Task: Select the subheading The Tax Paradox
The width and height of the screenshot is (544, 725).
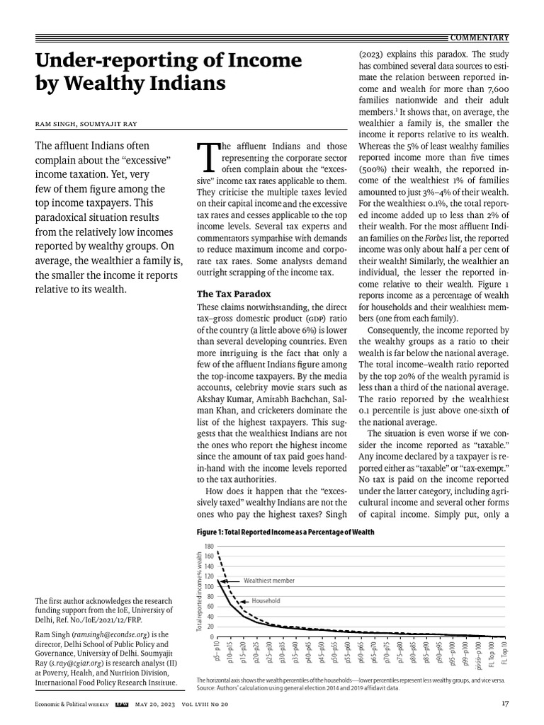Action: pos(233,293)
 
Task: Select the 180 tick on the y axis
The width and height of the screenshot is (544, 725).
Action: pos(208,547)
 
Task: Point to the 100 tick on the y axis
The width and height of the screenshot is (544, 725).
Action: pos(208,587)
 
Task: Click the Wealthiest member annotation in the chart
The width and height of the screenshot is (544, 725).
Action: pos(268,580)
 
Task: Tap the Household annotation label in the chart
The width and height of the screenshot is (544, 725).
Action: pos(266,600)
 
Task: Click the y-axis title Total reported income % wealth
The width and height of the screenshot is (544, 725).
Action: pos(199,591)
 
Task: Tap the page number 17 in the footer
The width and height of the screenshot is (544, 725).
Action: pos(504,703)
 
